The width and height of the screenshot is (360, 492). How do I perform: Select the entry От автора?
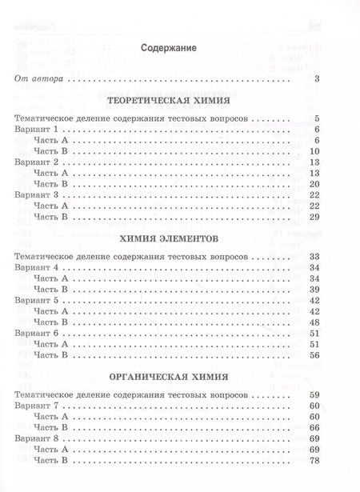pyautogui.click(x=38, y=78)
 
